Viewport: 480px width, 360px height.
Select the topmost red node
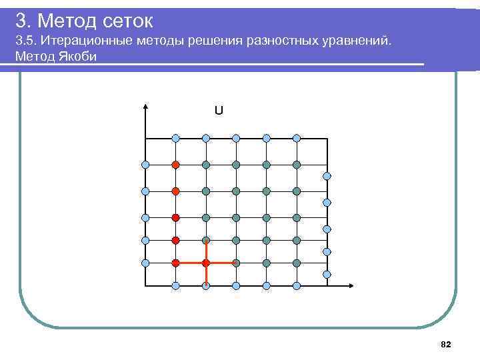coord(176,164)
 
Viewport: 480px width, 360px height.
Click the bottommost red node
coord(176,263)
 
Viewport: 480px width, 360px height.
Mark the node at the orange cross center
coord(206,263)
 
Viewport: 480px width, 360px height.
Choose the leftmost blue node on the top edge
coord(176,138)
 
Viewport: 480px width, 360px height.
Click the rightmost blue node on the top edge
coord(297,138)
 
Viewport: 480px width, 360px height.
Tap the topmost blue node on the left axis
coord(145,164)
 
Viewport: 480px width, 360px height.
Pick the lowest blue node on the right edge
coord(327,274)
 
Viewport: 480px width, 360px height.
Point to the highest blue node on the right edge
coord(327,176)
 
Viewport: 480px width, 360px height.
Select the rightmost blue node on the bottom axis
coord(297,286)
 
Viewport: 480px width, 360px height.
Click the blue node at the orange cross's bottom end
coord(206,286)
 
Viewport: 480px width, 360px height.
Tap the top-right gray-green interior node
coord(297,164)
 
